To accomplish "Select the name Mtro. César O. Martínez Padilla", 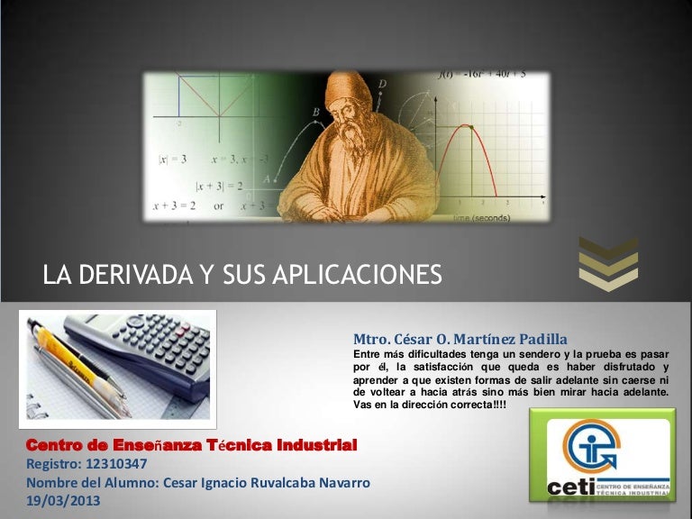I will point(460,339).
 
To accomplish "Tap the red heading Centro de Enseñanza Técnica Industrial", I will point(192,445).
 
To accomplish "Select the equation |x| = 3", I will point(172,159).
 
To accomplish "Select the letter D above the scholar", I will point(382,84).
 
